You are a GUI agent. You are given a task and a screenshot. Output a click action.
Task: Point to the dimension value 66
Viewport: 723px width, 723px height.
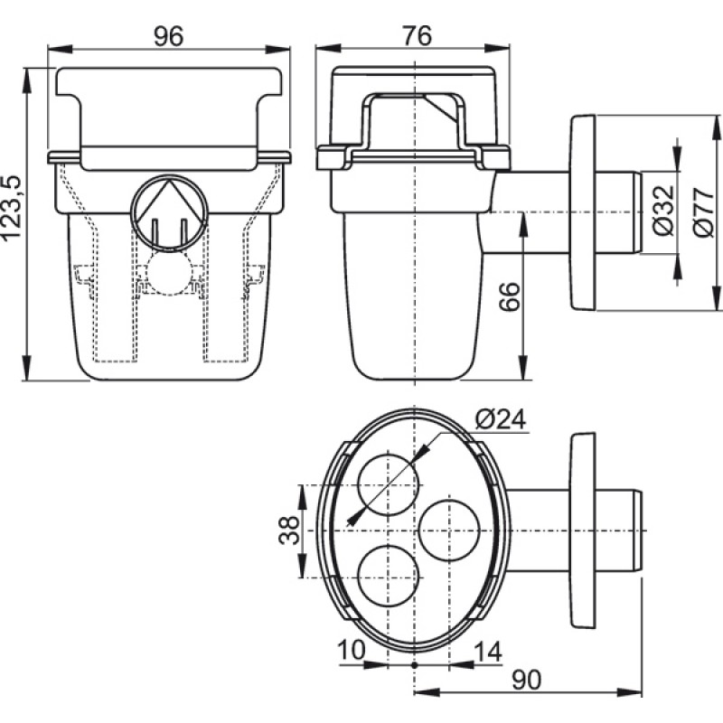point(510,297)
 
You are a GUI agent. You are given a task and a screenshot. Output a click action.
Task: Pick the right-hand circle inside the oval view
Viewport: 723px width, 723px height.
point(453,530)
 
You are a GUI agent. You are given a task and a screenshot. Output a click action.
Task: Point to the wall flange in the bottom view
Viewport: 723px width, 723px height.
point(583,529)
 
